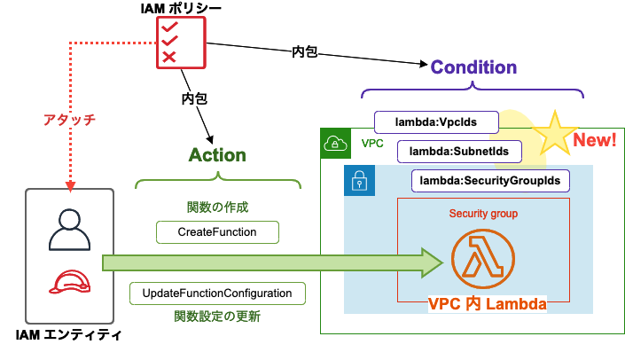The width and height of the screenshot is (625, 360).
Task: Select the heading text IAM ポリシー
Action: tap(181, 9)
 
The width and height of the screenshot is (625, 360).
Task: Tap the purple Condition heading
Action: tap(473, 67)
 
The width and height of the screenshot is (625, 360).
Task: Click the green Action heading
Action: tap(217, 154)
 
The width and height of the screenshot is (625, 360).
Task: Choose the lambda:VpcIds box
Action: tap(435, 121)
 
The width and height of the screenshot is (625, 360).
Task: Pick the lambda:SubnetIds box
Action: tap(458, 152)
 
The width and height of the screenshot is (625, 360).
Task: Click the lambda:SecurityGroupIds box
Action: tap(490, 181)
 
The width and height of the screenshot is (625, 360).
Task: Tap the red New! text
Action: tap(596, 140)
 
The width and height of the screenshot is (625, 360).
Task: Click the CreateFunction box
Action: tap(217, 232)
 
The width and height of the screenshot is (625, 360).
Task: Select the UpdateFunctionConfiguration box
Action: tap(217, 293)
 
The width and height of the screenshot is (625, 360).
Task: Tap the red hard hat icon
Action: tap(70, 283)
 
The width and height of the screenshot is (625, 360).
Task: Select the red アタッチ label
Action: tap(69, 119)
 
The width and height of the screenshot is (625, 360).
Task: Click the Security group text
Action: tap(483, 214)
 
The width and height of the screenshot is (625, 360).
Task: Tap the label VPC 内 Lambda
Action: tap(486, 304)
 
